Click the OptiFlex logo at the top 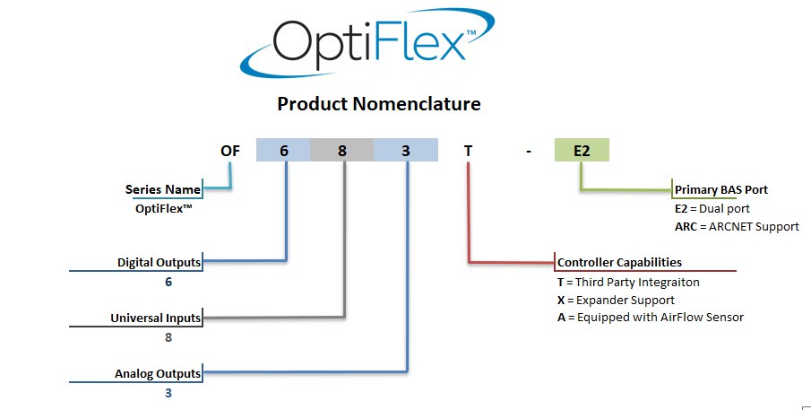367,42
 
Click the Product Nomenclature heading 379,103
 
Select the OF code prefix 230,151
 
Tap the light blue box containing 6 283,150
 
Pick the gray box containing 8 342,150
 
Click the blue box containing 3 405,150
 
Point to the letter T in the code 468,151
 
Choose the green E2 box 582,150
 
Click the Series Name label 163,189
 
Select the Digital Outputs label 160,263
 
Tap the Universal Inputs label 156,318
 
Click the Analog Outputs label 158,374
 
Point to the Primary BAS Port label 721,190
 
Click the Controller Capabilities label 619,263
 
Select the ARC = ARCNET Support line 737,227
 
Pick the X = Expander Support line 616,301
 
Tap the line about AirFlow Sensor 651,318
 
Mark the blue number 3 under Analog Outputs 168,394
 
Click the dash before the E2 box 528,152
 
